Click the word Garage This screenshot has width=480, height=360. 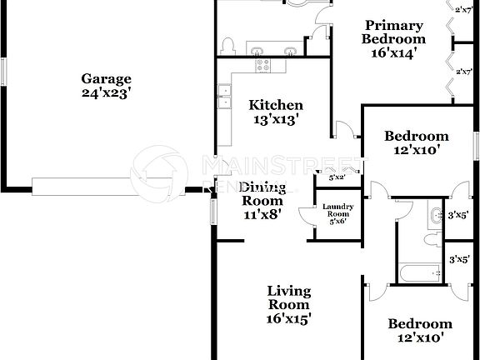coord(106,79)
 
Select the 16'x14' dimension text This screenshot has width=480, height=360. coord(393,52)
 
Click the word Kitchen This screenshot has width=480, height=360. coord(276,105)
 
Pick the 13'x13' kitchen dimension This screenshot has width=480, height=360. coord(276,119)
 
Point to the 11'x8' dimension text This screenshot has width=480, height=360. coord(262,213)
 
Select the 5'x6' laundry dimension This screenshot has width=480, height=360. coord(338,222)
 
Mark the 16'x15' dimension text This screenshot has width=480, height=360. coord(288,317)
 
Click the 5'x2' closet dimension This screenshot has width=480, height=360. coord(337,177)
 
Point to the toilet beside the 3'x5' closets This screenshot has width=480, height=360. coord(431,239)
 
